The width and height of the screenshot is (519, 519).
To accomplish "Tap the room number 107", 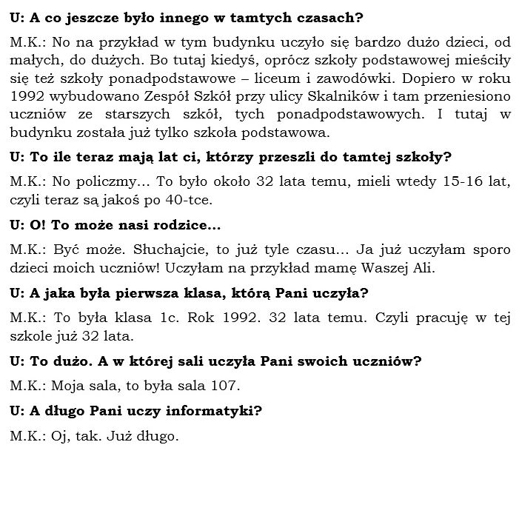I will click(x=225, y=386).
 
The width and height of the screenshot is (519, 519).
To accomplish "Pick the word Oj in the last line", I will click(x=62, y=436).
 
